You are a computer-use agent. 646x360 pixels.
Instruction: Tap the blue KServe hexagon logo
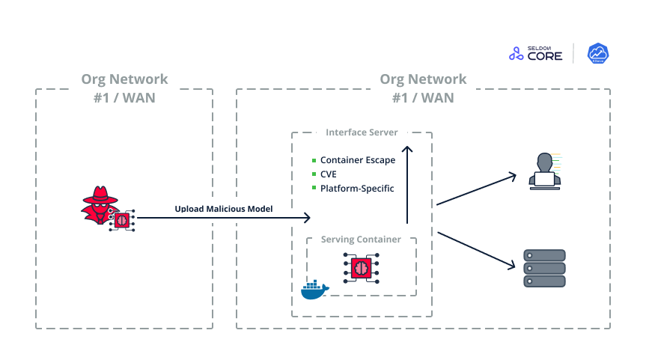click(x=597, y=53)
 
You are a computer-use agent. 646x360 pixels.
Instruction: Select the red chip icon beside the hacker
click(x=121, y=219)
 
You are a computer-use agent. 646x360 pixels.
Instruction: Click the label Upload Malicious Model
click(x=224, y=208)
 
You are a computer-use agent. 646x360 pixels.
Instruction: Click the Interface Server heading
click(x=362, y=132)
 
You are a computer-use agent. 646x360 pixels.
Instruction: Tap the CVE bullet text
click(x=328, y=174)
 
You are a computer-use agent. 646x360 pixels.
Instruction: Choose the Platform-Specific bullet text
click(x=357, y=189)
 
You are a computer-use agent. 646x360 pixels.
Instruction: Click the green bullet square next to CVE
click(x=314, y=174)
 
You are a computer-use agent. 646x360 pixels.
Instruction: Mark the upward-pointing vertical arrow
click(x=406, y=183)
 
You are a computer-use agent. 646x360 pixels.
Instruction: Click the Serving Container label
click(x=361, y=240)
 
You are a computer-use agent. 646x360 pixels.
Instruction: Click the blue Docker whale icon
click(x=314, y=289)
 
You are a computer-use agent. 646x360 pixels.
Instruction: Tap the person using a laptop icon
click(x=545, y=169)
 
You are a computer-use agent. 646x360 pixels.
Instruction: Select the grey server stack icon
click(x=544, y=268)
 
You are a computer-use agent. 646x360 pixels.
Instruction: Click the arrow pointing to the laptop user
click(x=476, y=189)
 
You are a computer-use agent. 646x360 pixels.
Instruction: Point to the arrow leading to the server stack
click(x=476, y=249)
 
